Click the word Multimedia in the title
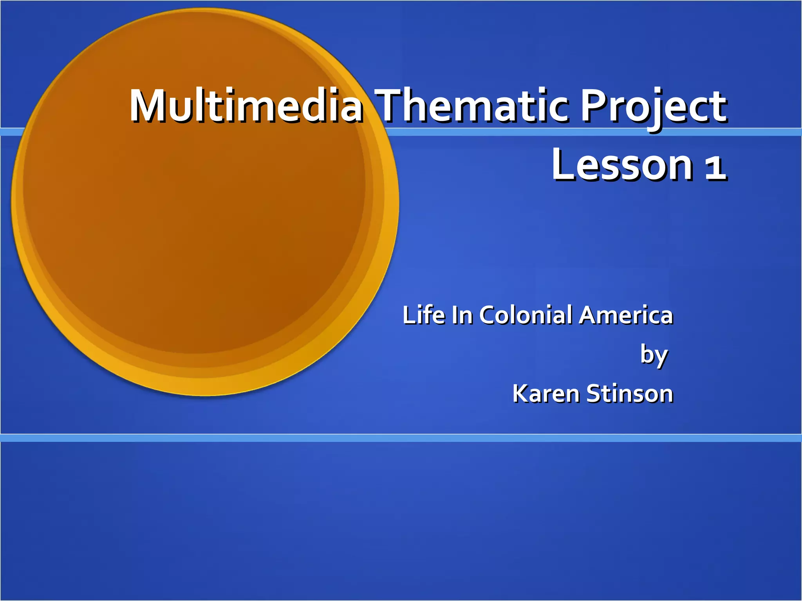247,106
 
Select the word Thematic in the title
474,106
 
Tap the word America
626,315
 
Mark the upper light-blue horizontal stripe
587,132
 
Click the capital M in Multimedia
147,106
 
